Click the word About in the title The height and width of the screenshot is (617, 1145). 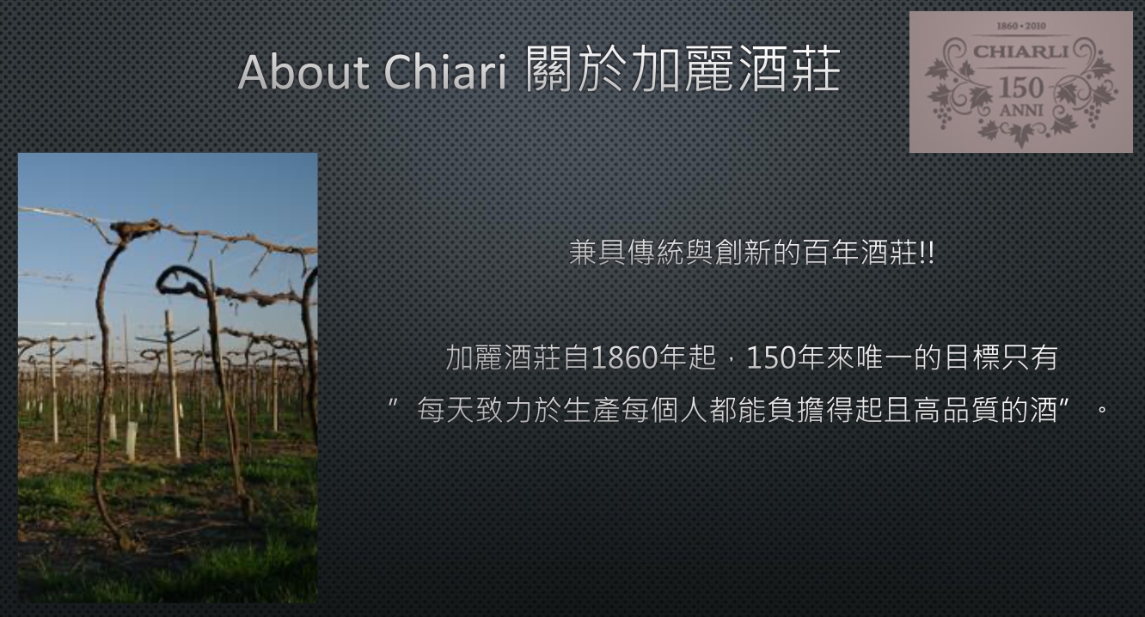[303, 71]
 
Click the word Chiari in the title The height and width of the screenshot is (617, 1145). [444, 71]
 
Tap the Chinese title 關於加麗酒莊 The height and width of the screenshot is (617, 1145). [683, 69]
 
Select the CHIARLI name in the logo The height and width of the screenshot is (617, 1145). [1021, 52]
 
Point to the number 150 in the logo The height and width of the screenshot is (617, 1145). [1021, 88]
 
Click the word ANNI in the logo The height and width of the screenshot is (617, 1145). [1021, 110]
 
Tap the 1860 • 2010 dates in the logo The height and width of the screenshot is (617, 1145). [1021, 26]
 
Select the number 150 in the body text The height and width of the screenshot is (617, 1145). [771, 357]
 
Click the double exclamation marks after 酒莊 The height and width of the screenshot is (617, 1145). [927, 253]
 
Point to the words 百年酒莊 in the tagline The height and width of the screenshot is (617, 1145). [861, 253]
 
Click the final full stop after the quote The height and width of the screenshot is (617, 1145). [1102, 410]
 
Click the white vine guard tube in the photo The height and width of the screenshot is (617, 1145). [132, 441]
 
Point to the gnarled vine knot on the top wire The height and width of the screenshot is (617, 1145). [134, 229]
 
